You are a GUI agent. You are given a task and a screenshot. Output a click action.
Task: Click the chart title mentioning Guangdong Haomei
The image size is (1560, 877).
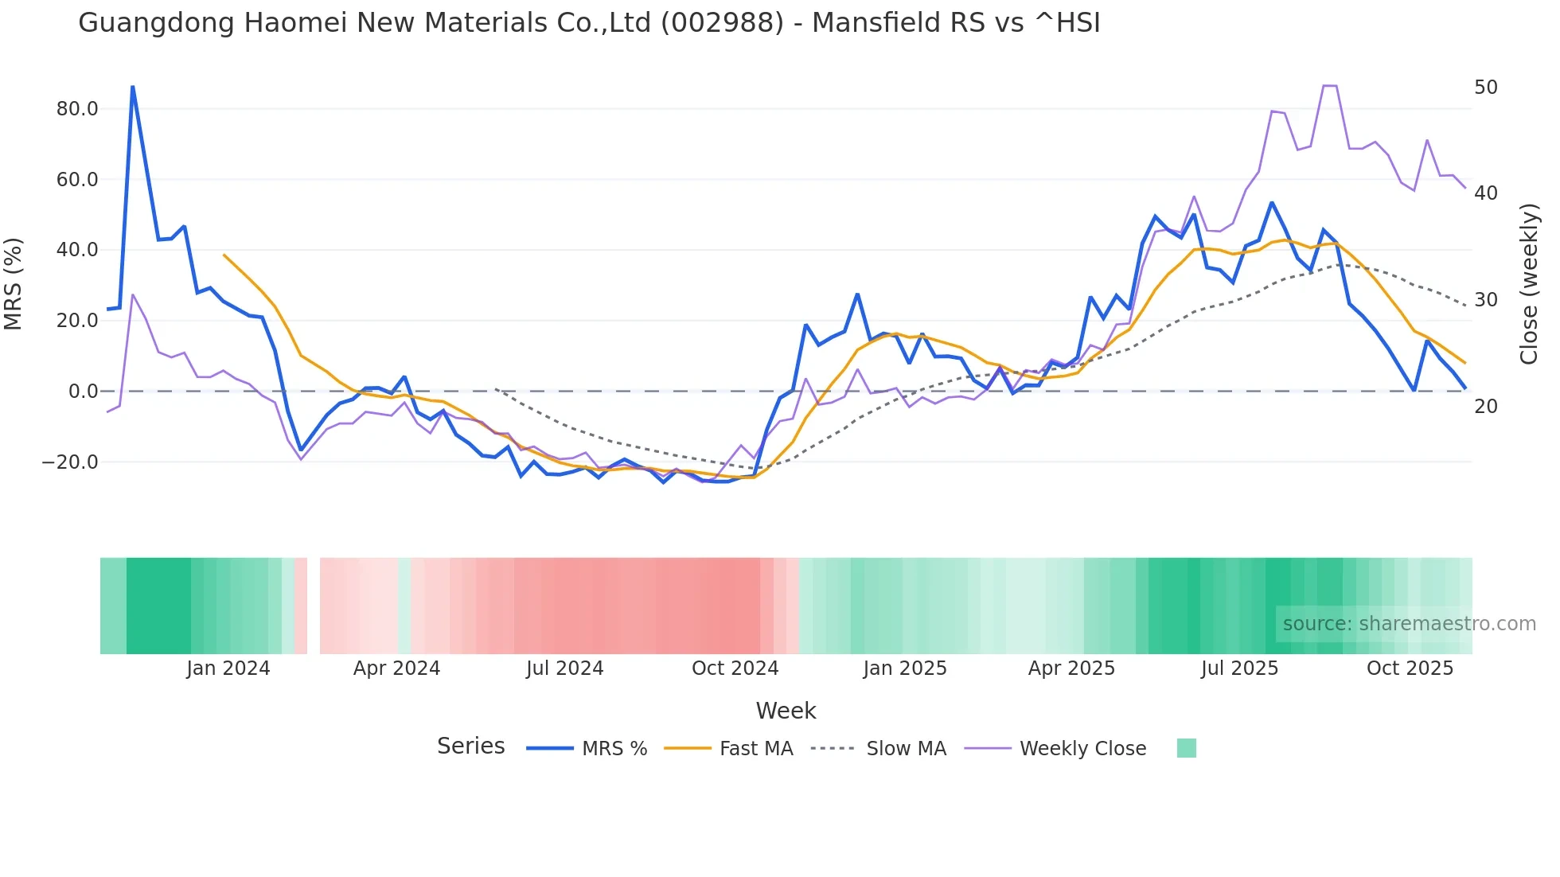pos(589,23)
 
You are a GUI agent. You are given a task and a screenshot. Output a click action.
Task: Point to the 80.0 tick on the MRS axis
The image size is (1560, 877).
pos(77,109)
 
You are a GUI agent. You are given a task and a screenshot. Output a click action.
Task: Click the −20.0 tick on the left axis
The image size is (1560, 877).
pos(70,462)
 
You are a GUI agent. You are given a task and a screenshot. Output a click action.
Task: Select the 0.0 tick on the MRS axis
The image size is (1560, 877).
pos(83,392)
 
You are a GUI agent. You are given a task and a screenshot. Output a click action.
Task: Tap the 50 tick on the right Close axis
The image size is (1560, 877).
pos(1485,88)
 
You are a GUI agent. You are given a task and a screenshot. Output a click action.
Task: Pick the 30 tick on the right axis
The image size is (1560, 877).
pos(1485,300)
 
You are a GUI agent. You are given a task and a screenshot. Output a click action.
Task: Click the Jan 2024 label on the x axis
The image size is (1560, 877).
pos(228,668)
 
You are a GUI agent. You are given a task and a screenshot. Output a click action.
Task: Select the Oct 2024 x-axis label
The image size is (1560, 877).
pos(735,668)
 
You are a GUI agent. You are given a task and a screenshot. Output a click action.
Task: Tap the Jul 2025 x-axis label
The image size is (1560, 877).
pos(1239,668)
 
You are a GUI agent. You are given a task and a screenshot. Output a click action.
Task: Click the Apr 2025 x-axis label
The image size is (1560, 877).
pos(1071,668)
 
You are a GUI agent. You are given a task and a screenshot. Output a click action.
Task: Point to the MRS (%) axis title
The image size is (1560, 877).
pos(14,283)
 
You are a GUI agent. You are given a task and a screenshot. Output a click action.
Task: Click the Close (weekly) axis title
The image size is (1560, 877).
pos(1529,283)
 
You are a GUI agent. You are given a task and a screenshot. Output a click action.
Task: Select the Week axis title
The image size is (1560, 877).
pos(786,711)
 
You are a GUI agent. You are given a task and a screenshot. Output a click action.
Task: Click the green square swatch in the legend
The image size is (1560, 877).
pos(1186,748)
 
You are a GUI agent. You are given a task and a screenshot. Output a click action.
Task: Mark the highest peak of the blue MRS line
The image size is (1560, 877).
pos(132,87)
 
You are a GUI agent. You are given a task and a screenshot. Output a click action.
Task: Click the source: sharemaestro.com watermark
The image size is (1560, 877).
pos(1409,624)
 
